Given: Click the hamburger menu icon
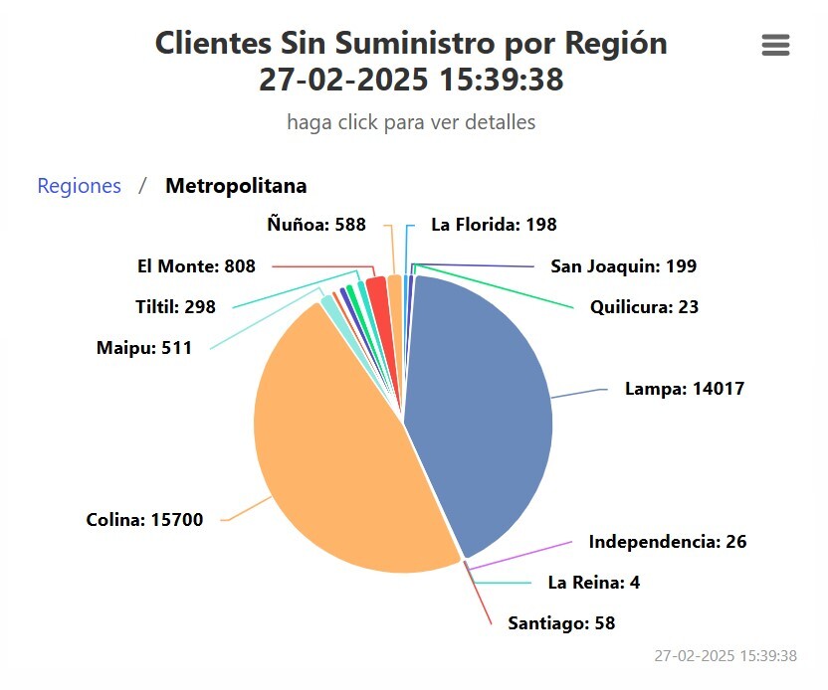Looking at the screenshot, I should tap(775, 45).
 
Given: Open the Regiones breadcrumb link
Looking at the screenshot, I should tap(80, 186).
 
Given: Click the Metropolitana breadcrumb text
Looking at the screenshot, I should tap(236, 186).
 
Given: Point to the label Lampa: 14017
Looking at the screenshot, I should tap(685, 389).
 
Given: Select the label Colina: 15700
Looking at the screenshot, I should tap(144, 520).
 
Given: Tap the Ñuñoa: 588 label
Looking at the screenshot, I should tap(316, 225).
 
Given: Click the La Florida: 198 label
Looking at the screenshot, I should tap(494, 225).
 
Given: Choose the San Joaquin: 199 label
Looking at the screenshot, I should tap(623, 266).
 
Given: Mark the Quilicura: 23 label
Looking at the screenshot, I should tap(644, 307).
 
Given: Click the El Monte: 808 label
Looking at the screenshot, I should tap(196, 266).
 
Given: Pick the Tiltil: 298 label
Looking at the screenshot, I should tap(175, 307).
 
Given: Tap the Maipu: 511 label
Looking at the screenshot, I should tap(144, 348).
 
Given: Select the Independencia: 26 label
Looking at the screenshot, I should tap(668, 542).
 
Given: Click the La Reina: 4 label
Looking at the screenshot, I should tap(594, 583).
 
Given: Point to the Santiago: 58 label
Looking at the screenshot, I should tap(561, 623).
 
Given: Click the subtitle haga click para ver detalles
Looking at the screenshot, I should tap(411, 122).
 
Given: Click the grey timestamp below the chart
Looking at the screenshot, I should tap(725, 656).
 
